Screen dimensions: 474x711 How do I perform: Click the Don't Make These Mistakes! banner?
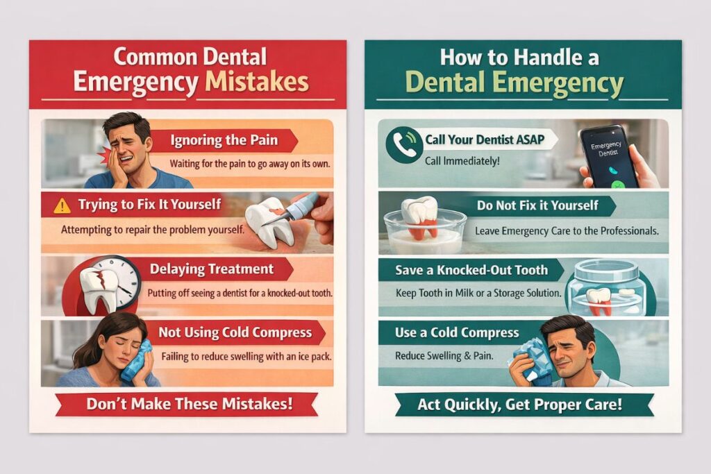(x=187, y=404)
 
